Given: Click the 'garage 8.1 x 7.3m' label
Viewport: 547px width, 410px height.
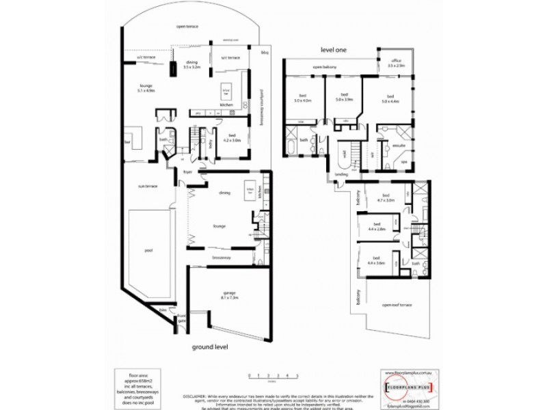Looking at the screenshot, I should tap(229, 296).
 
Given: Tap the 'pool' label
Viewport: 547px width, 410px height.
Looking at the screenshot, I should tap(148, 250).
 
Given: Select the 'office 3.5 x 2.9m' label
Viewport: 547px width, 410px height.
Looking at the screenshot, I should tap(397, 63).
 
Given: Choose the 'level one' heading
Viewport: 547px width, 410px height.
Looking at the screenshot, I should tap(335, 51).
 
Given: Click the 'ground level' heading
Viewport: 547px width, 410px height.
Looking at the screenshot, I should tap(209, 346).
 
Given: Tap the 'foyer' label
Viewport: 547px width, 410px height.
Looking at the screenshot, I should tap(185, 172).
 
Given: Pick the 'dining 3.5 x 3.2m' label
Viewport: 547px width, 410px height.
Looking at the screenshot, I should tap(191, 65).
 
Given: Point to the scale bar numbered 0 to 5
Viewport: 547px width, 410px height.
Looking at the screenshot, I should tap(273, 376).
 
